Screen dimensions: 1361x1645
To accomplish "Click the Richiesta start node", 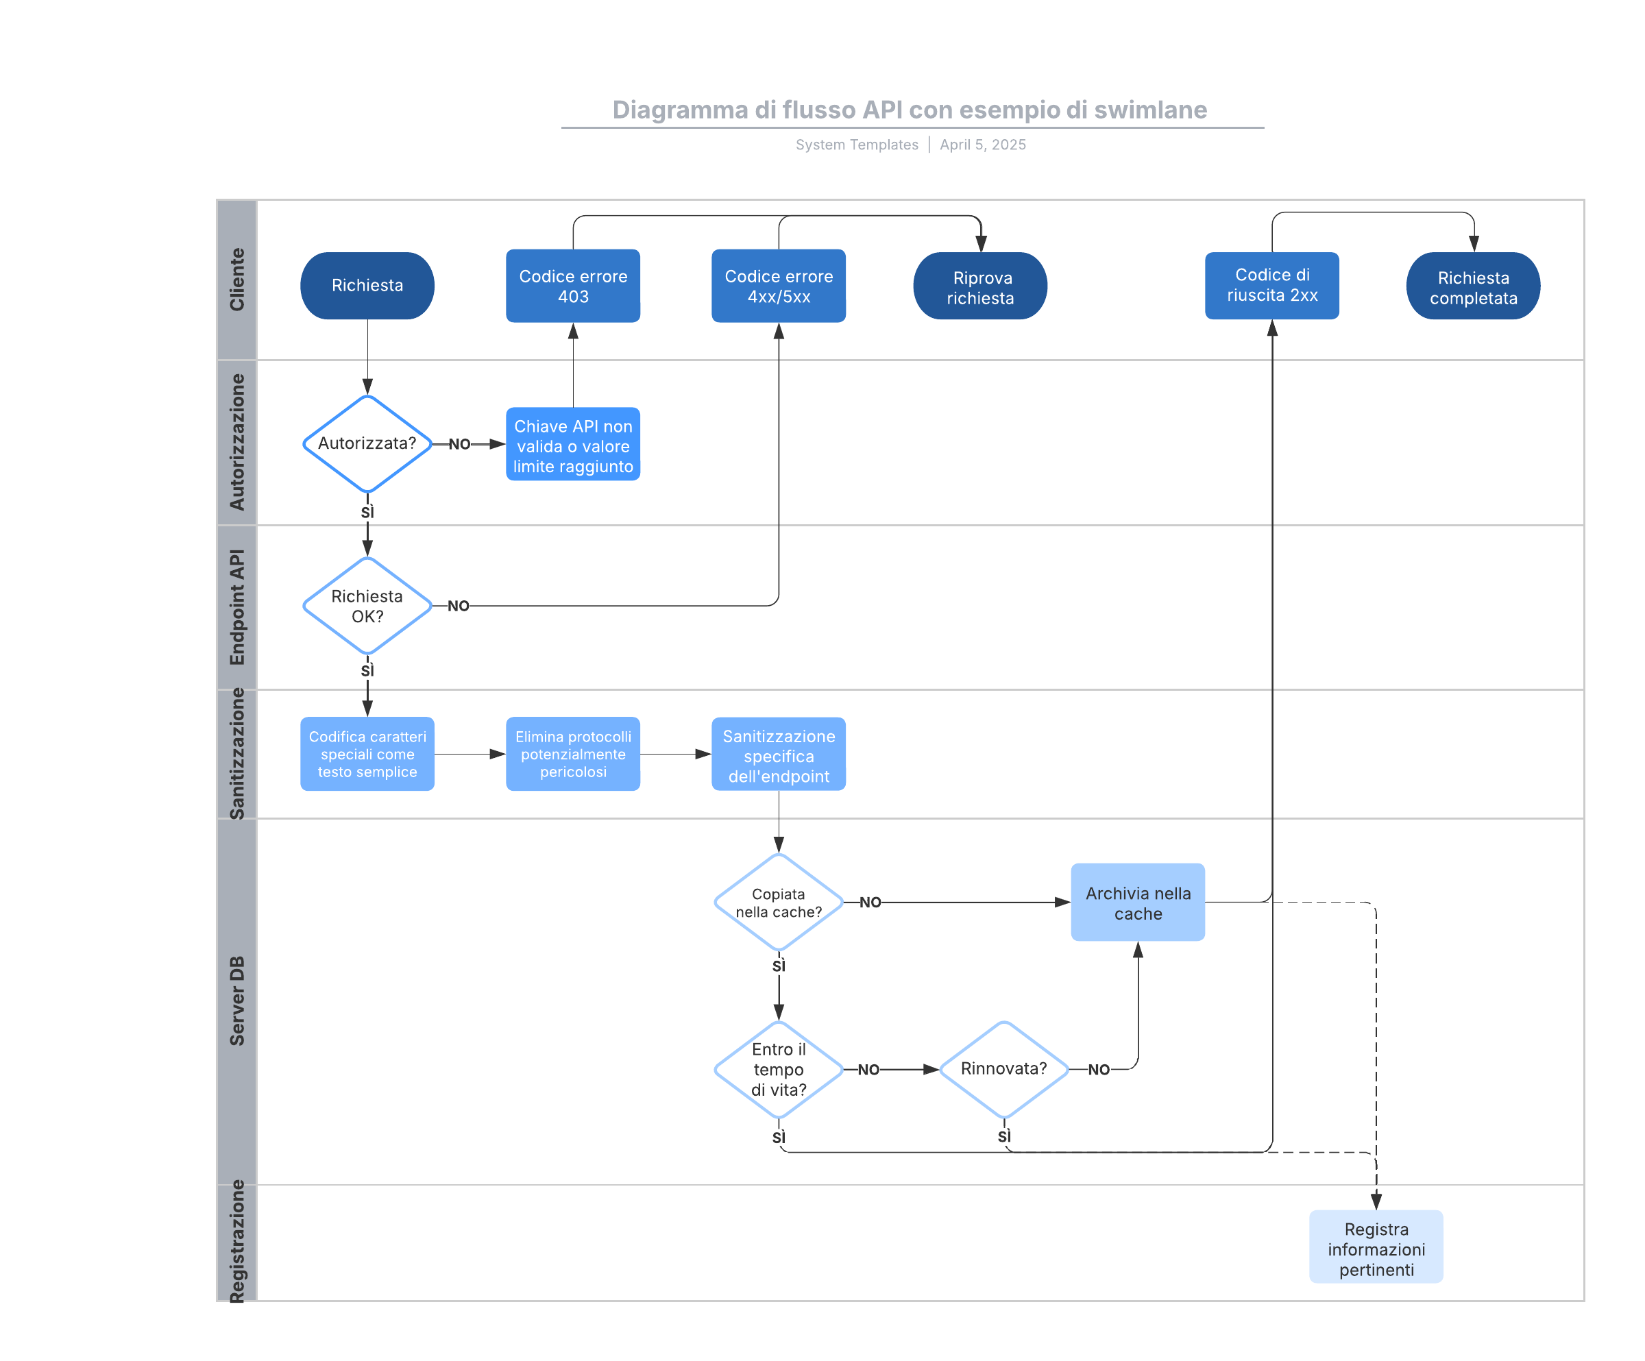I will point(367,285).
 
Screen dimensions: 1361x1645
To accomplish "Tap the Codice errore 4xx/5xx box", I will point(778,286).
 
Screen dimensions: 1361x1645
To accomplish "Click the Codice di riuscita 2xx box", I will point(1271,285).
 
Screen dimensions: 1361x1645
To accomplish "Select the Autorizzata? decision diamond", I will point(367,443).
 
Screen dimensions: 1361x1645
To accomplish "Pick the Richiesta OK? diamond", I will point(367,605).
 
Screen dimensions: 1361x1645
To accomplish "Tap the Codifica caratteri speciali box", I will point(367,753).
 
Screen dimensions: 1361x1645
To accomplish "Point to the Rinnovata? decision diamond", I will point(1003,1069).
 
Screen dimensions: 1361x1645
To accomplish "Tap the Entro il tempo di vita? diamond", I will point(778,1069).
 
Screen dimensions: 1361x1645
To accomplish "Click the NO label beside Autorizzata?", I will point(459,444).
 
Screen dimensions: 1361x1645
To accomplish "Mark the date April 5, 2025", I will point(982,145).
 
